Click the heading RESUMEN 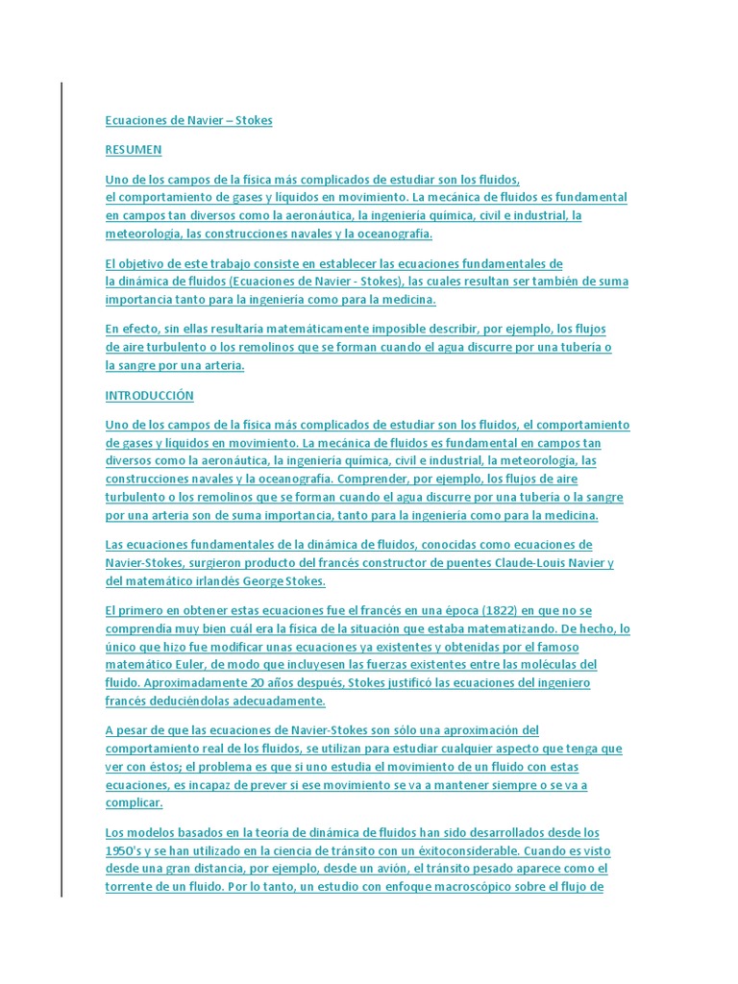pos(134,150)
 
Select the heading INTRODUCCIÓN pos(149,396)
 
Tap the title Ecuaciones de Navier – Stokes pos(188,120)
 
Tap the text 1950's pos(127,851)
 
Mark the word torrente pos(132,887)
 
